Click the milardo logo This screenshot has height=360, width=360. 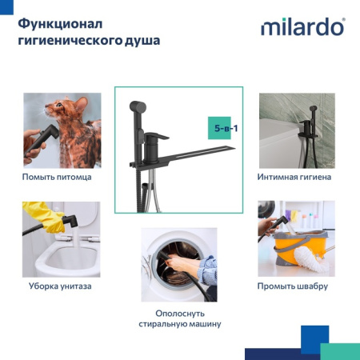click(x=302, y=27)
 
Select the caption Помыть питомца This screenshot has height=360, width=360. click(x=57, y=176)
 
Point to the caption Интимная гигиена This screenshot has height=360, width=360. click(x=294, y=176)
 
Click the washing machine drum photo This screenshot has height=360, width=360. click(x=178, y=263)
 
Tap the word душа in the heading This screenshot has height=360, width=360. click(x=141, y=39)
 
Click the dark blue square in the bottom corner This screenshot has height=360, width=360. click(x=314, y=338)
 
